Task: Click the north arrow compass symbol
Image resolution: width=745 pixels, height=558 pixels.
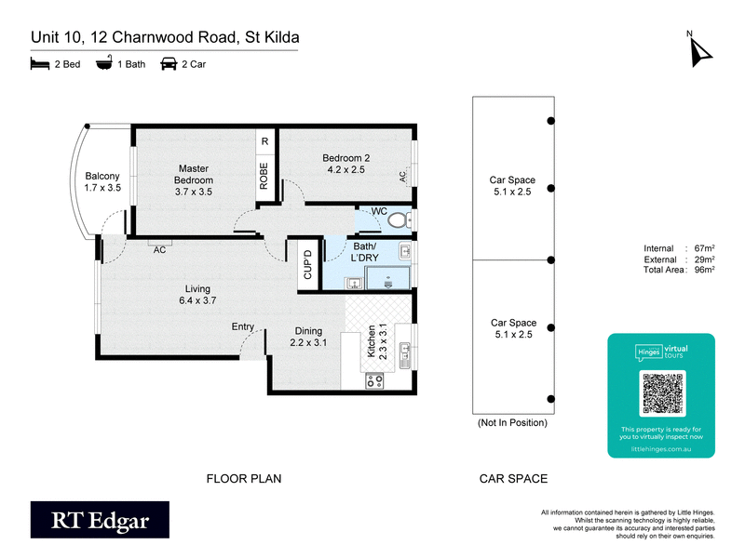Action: point(697,49)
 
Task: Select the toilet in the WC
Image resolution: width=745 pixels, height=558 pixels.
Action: point(399,220)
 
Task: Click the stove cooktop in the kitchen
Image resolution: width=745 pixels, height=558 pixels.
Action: point(374,379)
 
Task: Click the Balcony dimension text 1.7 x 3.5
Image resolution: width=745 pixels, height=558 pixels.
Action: point(102,188)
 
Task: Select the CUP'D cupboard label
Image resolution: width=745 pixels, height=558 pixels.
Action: point(305,264)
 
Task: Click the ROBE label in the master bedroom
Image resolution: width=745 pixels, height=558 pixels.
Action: point(264,176)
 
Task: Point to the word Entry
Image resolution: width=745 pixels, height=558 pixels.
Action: point(243,326)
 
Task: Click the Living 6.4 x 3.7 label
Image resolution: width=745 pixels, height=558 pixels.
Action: point(196,294)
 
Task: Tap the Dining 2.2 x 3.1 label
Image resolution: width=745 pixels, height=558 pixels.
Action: point(308,337)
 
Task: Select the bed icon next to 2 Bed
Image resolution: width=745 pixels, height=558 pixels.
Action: point(39,64)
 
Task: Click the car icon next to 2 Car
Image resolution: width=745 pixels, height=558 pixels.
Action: point(169,64)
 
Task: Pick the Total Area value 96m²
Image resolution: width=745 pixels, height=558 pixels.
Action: point(705,270)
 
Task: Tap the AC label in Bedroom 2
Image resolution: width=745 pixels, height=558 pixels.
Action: point(403,175)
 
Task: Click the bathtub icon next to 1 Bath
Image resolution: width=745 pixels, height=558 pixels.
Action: point(105,64)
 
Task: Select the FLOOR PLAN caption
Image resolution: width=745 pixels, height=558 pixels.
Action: point(243,479)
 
